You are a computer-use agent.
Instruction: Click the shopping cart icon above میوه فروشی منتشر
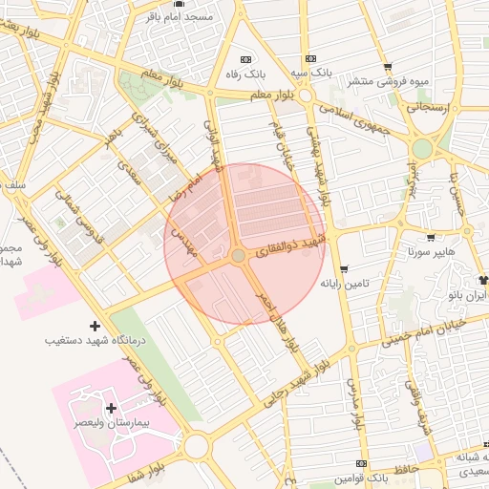coord(387,67)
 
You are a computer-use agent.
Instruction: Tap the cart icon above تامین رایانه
coord(343,269)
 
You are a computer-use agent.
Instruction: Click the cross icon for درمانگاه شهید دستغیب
coord(94,327)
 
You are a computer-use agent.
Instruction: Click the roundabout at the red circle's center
coord(239,255)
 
